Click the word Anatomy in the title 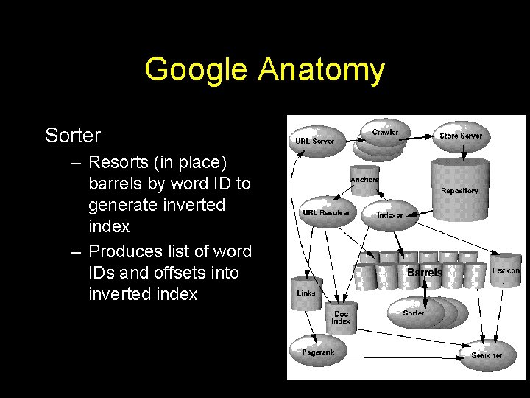click(x=321, y=71)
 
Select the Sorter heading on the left click(x=73, y=136)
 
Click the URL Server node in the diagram click(x=315, y=140)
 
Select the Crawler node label click(x=385, y=133)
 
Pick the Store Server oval click(x=461, y=136)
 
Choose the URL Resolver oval click(x=326, y=212)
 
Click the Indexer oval click(x=390, y=214)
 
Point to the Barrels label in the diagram click(x=425, y=273)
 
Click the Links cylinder click(x=306, y=293)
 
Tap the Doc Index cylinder click(x=341, y=317)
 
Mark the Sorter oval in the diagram click(x=414, y=313)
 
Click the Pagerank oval click(x=318, y=352)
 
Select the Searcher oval click(x=487, y=355)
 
